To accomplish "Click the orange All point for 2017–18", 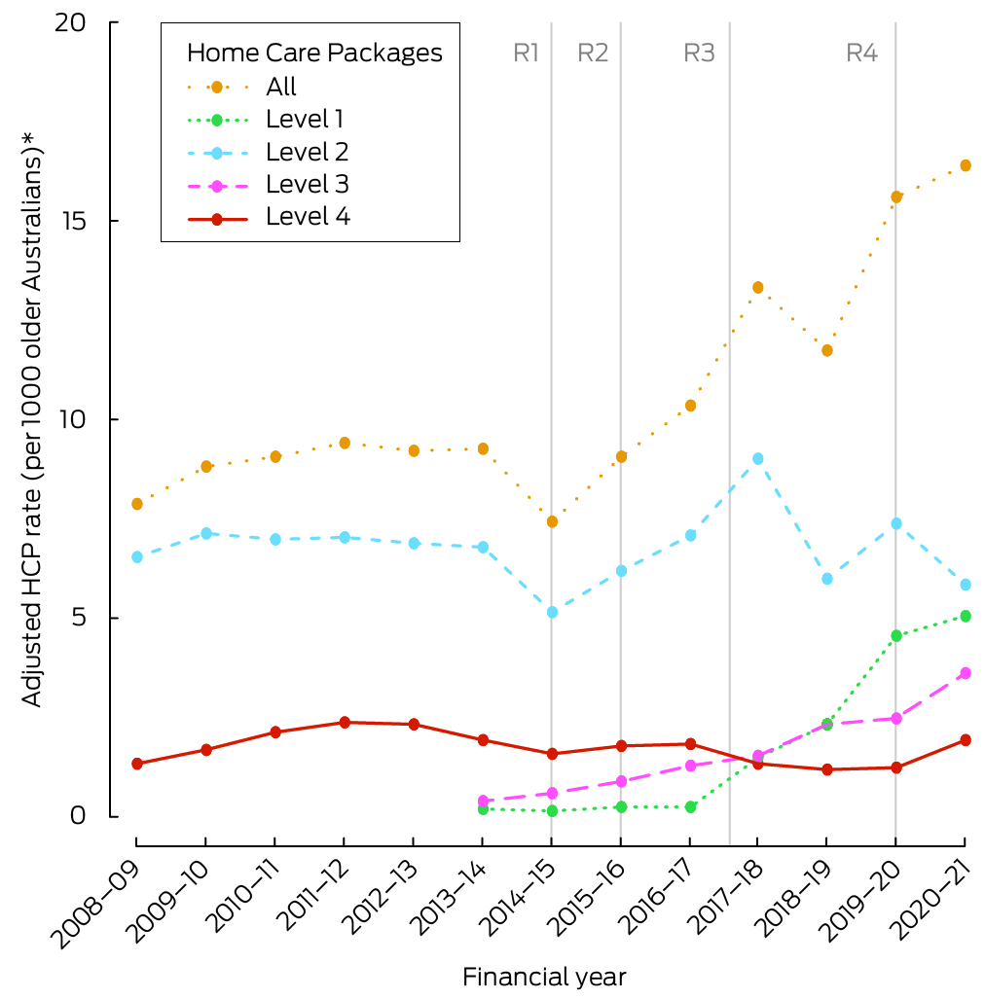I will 757,287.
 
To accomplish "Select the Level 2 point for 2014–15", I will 552,612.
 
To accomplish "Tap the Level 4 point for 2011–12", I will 345,722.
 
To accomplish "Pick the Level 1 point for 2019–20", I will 895,635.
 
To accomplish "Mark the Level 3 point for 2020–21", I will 965,673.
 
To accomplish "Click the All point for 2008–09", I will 137,504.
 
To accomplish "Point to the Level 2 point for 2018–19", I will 826,579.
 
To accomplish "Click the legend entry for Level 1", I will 304,120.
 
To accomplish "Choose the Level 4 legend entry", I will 308,216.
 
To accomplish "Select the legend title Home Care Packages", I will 314,53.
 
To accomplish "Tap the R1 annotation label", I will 526,53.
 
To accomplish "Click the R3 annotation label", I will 699,53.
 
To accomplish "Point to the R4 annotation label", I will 861,53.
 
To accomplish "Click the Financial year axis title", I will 544,976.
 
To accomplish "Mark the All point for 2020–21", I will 965,165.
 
